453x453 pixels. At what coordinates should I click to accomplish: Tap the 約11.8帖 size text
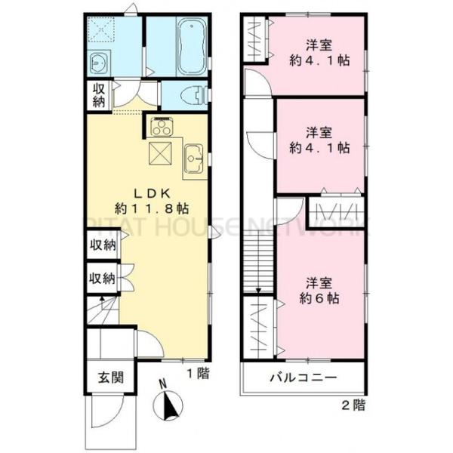[152, 208]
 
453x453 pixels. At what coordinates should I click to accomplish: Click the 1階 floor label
[199, 372]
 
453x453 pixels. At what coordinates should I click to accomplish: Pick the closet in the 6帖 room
[257, 327]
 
